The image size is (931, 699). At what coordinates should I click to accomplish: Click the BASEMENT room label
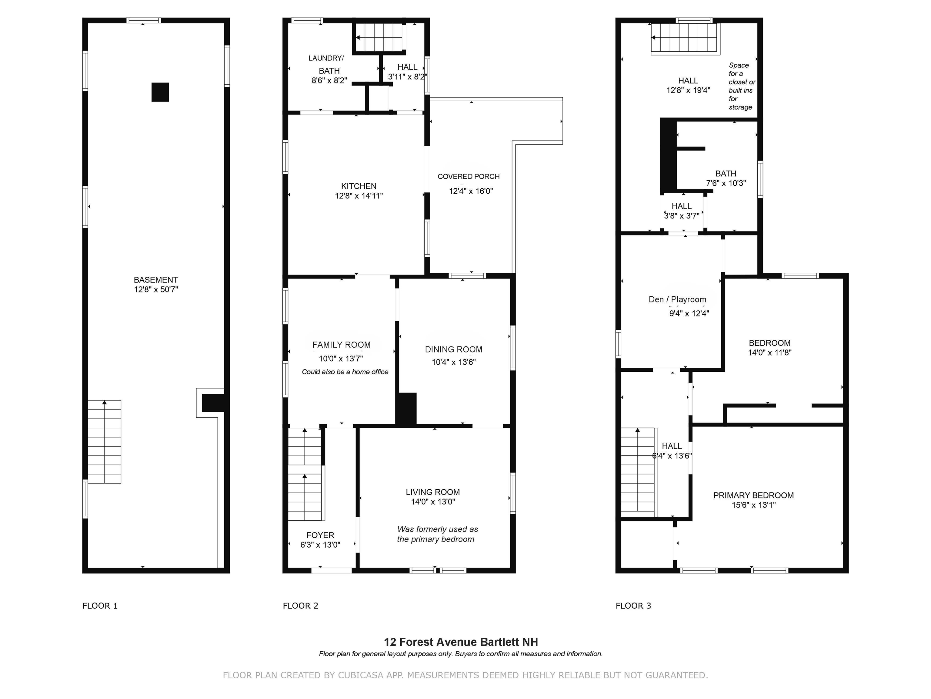point(156,280)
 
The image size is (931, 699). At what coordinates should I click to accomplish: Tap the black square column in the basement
point(160,92)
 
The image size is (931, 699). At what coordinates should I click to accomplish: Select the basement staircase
point(104,441)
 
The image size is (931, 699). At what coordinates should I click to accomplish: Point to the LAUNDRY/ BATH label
point(327,64)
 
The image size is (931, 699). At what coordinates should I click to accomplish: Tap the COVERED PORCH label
point(469,177)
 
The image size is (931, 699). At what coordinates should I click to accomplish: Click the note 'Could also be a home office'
point(345,372)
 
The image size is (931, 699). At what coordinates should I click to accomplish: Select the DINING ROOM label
point(453,349)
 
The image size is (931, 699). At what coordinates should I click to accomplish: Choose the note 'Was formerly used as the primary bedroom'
point(437,534)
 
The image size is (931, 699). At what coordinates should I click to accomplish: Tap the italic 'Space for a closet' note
point(742,86)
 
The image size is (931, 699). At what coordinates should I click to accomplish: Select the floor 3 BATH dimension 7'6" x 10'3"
point(726,183)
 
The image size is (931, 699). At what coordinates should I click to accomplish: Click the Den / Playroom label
point(677,299)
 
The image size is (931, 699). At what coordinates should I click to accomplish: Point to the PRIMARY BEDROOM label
point(753,495)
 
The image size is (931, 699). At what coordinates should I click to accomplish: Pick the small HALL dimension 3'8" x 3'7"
point(681,216)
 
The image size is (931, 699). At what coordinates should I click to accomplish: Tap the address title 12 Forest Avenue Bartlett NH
point(460,642)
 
